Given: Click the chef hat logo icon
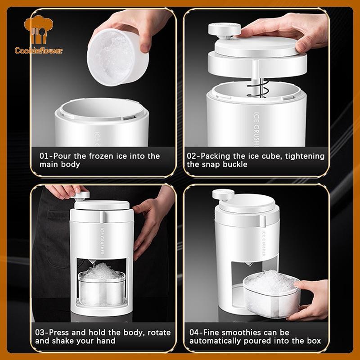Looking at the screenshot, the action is pos(39,30).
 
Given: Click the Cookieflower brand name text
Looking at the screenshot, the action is pos(39,50).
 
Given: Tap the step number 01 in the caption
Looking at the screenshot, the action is pos(44,156).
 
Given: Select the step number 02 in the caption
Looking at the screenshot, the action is pos(192,156).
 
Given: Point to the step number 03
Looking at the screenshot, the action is pos(40,333).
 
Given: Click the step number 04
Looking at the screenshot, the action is pos(194,333).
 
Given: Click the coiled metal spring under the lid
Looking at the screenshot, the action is pos(257,88).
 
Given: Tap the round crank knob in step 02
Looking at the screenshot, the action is pos(224,30).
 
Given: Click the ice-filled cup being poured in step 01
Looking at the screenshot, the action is pos(117,57).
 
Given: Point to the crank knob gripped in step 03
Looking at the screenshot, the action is pos(81,196).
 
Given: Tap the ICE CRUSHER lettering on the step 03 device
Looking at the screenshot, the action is pos(103,240).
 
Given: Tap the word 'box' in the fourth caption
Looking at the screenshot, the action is pos(314,341).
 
